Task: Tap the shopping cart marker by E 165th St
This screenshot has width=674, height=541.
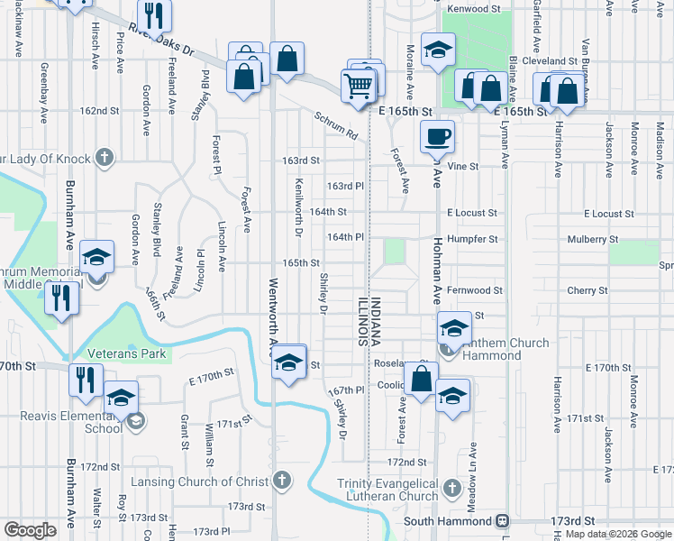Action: point(359,87)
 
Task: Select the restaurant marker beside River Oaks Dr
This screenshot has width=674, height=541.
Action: point(155,15)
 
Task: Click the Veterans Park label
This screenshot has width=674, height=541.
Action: point(127,353)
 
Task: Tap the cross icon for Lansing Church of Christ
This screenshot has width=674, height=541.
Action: point(282,481)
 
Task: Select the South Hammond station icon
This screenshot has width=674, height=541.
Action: point(503,522)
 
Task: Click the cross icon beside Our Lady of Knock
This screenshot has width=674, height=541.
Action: point(105,159)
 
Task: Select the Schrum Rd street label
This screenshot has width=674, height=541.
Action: point(336,127)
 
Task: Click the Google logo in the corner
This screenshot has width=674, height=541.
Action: point(31,530)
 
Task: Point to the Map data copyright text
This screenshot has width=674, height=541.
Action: point(618,535)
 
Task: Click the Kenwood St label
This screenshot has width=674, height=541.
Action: point(473,8)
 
